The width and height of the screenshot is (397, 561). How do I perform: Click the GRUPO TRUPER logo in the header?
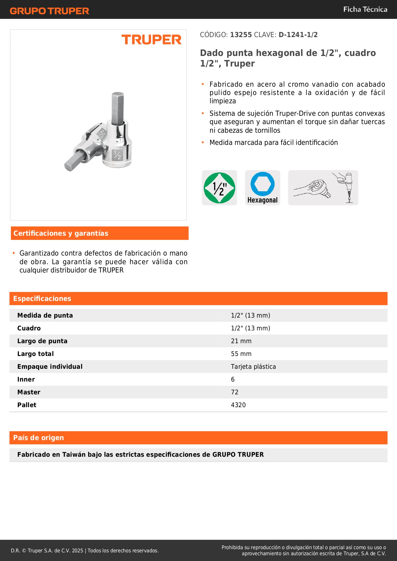49,11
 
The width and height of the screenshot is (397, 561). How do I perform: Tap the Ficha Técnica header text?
365,9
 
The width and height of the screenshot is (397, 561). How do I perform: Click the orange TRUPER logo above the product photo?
151,40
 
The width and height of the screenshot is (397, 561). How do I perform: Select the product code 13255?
241,35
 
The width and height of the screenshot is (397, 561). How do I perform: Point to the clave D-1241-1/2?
298,35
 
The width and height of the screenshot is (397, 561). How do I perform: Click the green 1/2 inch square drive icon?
219,188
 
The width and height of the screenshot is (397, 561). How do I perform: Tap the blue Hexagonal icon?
262,188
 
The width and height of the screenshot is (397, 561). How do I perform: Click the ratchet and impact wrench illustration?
323,188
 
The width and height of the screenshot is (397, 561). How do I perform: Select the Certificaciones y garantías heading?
61,233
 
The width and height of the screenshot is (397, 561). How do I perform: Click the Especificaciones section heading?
42,298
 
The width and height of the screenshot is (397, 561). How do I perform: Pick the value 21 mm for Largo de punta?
241,341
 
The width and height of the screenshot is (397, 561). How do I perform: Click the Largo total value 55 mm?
241,354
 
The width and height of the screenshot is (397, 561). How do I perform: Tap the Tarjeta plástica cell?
253,367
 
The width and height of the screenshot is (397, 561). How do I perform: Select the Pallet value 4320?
238,405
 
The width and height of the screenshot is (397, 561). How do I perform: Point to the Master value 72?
234,392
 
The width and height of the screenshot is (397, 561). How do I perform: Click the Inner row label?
26,379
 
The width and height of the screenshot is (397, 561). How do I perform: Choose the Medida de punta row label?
45,315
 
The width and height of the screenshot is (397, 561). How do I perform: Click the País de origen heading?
38,438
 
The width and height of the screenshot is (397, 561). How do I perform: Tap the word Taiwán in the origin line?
74,454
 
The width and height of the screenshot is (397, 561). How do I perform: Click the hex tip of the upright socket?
118,107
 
